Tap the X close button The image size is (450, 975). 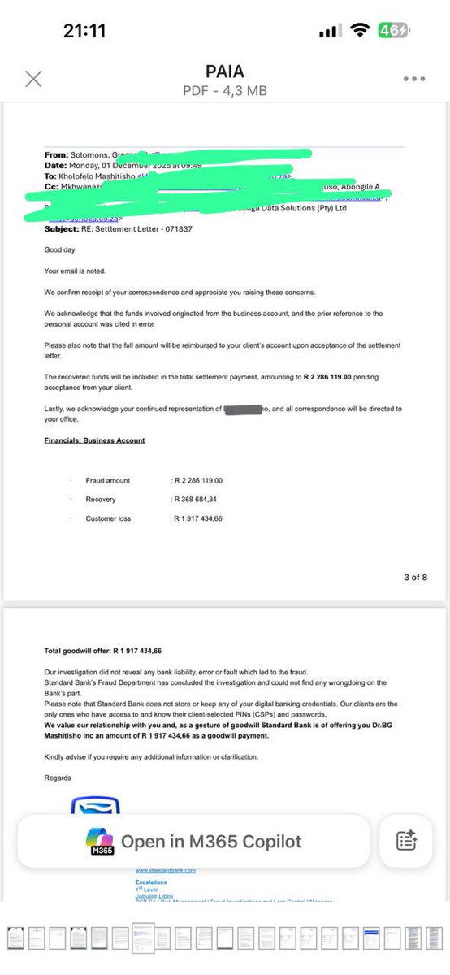33,78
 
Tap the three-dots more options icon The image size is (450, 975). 413,79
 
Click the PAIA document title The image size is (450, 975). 226,71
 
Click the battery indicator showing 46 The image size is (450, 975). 392,31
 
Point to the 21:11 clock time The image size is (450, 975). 84,31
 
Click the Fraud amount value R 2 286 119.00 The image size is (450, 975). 197,480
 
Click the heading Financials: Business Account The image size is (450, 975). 94,440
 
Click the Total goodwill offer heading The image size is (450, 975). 103,651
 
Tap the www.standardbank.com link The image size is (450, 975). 165,870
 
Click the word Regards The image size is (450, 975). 58,778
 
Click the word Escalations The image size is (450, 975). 151,881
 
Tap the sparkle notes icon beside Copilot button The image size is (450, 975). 406,841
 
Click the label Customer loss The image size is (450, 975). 108,518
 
